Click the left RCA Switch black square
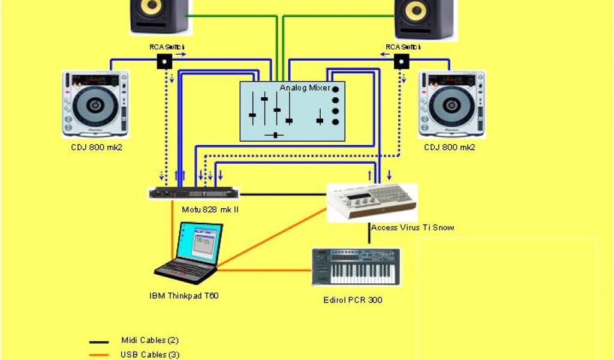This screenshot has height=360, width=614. click(164, 61)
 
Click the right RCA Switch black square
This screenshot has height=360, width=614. click(401, 61)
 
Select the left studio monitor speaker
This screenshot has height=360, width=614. click(158, 16)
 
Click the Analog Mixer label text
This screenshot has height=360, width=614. click(305, 88)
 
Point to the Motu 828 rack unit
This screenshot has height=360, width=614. click(193, 193)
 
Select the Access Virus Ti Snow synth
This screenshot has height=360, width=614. click(372, 203)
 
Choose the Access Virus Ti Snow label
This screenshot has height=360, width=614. click(413, 227)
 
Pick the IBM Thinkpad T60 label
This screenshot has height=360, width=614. click(183, 295)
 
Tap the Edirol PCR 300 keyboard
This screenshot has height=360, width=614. click(356, 268)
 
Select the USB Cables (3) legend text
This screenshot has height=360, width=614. click(149, 355)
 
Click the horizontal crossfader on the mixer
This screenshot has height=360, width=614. click(275, 134)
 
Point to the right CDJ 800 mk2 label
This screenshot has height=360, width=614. click(450, 147)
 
